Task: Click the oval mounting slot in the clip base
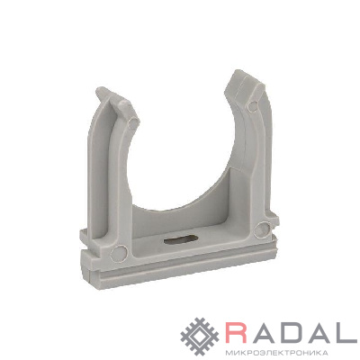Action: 181,240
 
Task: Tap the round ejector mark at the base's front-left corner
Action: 119,254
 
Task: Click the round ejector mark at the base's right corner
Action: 263,229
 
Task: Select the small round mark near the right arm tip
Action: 254,105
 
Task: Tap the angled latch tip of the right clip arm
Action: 245,84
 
